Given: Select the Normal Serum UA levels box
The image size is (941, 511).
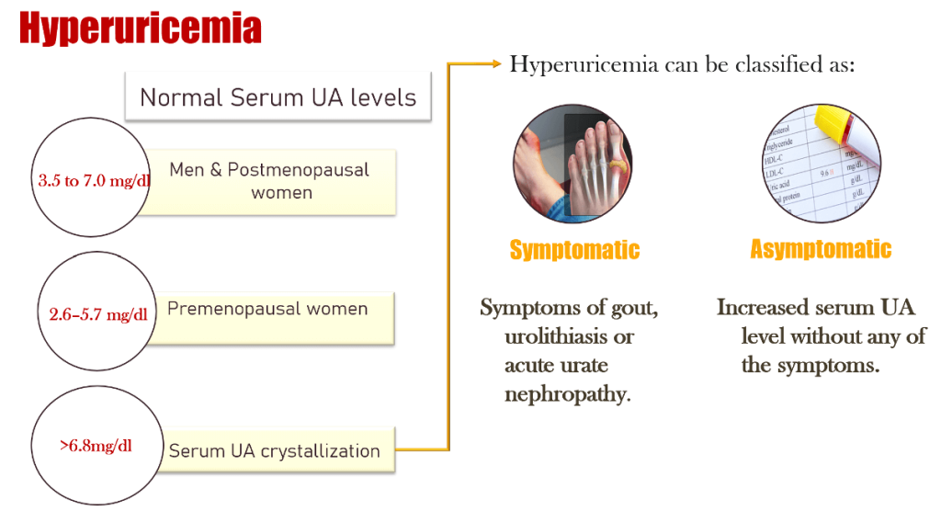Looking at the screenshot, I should [278, 97].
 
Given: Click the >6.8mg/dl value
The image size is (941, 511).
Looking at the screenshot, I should [96, 447].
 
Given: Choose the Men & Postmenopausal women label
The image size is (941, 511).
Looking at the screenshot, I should [270, 181].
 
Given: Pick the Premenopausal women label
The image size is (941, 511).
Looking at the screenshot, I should [267, 309].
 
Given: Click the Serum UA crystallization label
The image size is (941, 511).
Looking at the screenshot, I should [274, 451].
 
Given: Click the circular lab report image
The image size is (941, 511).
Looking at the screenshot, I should [817, 164].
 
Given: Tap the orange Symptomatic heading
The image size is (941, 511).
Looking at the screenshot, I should [574, 250].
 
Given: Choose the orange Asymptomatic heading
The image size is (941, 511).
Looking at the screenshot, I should [821, 249].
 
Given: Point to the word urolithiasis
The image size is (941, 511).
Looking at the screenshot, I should [570, 336].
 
